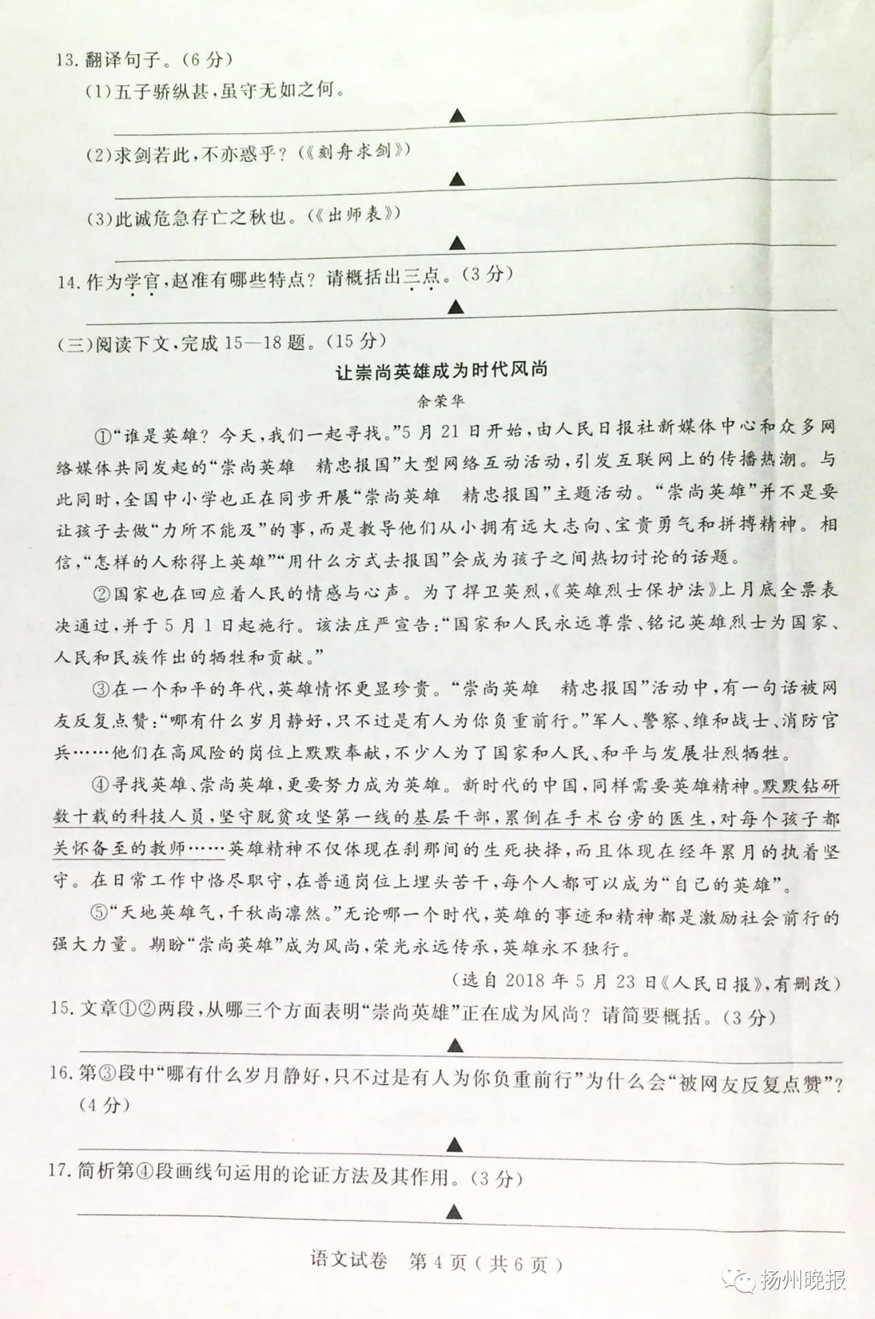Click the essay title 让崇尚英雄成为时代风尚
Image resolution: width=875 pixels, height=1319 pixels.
(x=441, y=372)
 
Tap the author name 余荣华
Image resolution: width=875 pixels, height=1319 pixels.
(x=441, y=400)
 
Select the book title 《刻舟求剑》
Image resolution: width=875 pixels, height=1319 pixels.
(x=354, y=152)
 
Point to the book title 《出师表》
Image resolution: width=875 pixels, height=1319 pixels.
(x=353, y=216)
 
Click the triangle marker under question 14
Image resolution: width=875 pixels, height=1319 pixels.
(x=456, y=308)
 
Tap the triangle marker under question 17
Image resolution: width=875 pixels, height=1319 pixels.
(x=453, y=1212)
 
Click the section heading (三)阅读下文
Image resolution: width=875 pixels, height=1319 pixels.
(x=113, y=342)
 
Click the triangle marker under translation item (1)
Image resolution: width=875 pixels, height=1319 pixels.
(x=457, y=116)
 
